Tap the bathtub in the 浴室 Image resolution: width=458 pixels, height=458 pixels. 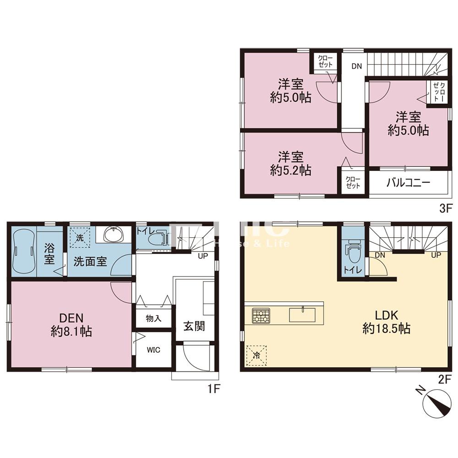24,251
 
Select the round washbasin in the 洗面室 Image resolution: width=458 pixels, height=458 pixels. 114,234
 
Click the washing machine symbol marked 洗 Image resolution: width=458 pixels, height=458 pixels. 80,238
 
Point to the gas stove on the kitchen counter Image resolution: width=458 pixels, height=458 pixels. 262,316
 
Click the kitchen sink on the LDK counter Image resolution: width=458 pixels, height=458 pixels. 302,315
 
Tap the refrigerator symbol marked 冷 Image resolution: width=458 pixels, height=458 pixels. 256,355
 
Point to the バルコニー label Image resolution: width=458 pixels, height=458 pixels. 409,183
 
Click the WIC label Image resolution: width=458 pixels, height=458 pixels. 153,349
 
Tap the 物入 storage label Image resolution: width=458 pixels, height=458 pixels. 153,318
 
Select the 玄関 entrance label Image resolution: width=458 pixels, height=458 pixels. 194,326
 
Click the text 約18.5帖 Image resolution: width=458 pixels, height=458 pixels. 387,328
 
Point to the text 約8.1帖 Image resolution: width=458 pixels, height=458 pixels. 71,331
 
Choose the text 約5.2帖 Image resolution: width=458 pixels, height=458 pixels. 290,170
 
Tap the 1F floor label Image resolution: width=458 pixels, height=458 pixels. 213,389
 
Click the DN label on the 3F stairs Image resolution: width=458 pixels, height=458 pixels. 356,66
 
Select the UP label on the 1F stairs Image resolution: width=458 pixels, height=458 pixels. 203,256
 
